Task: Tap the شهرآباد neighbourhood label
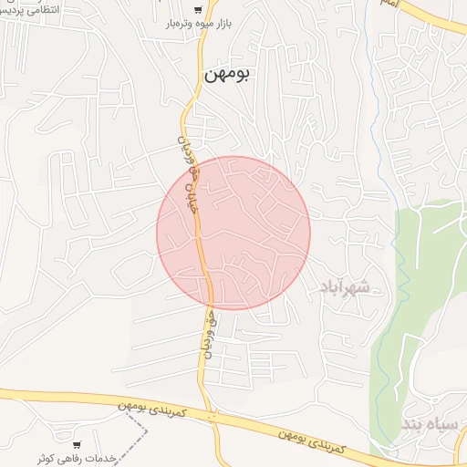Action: pos(344,289)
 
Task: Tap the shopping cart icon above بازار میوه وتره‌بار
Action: pos(198,10)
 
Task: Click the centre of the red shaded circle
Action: pos(233,233)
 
